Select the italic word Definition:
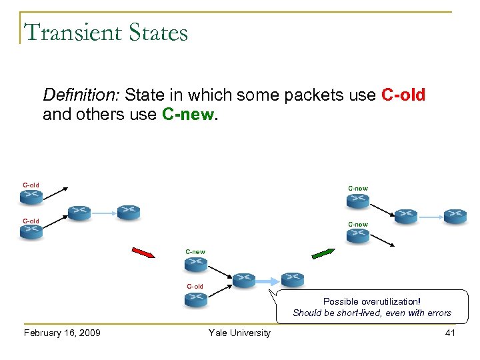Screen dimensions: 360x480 click(x=81, y=95)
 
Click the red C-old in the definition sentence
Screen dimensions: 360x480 click(x=403, y=95)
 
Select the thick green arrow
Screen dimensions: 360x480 click(x=324, y=253)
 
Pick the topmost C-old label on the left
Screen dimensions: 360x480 click(x=31, y=185)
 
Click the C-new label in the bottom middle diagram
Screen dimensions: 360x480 click(x=195, y=251)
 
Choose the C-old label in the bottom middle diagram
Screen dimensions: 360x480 click(x=195, y=286)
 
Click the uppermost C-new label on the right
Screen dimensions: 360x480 click(x=358, y=188)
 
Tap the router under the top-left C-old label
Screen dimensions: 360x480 click(x=31, y=196)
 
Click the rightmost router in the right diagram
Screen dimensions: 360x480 click(x=455, y=215)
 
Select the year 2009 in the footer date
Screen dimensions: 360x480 click(x=89, y=333)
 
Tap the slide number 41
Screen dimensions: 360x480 click(x=450, y=333)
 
